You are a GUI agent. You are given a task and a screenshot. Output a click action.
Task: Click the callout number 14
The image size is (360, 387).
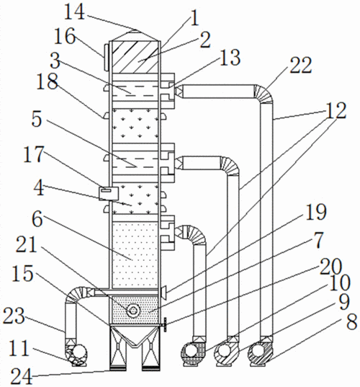tap(74, 12)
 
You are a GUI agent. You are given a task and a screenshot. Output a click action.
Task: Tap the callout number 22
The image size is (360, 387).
tap(301, 66)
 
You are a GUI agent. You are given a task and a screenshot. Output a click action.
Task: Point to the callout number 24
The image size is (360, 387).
tap(22, 376)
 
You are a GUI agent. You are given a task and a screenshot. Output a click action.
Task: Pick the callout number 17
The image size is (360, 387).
tap(34, 154)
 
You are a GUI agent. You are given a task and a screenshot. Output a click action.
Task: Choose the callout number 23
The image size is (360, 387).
tap(14, 316)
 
